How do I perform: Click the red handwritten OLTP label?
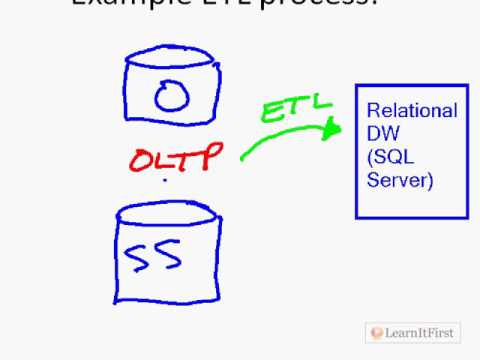tap(171, 157)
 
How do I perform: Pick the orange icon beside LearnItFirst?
tap(376, 331)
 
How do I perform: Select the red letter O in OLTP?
tap(140, 159)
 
